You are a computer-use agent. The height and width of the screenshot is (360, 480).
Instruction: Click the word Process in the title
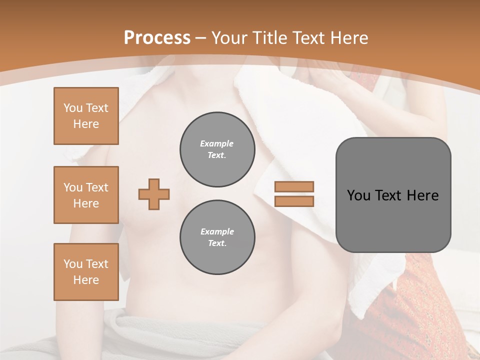pyautogui.click(x=157, y=37)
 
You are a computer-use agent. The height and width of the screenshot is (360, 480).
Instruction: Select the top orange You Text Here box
pyautogui.click(x=86, y=116)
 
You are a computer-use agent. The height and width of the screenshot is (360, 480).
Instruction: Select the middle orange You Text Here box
pyautogui.click(x=86, y=195)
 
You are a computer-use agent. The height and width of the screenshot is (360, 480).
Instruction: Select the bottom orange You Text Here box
pyautogui.click(x=86, y=272)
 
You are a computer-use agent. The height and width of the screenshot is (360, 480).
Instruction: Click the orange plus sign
pyautogui.click(x=154, y=194)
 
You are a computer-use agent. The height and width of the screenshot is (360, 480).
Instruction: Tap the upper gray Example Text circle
pyautogui.click(x=217, y=149)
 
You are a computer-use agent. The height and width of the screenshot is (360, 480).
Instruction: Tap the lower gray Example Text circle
pyautogui.click(x=217, y=237)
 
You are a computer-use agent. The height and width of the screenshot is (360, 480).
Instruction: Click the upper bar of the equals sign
pyautogui.click(x=294, y=186)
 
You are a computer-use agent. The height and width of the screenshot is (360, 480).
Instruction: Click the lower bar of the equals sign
pyautogui.click(x=294, y=201)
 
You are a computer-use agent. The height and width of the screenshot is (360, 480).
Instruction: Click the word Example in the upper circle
pyautogui.click(x=217, y=143)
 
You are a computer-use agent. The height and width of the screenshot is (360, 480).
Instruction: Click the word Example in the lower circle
pyautogui.click(x=217, y=231)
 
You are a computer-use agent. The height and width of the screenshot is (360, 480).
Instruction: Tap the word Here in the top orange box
pyautogui.click(x=86, y=124)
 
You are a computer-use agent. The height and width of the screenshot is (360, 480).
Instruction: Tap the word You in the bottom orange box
pyautogui.click(x=72, y=264)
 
